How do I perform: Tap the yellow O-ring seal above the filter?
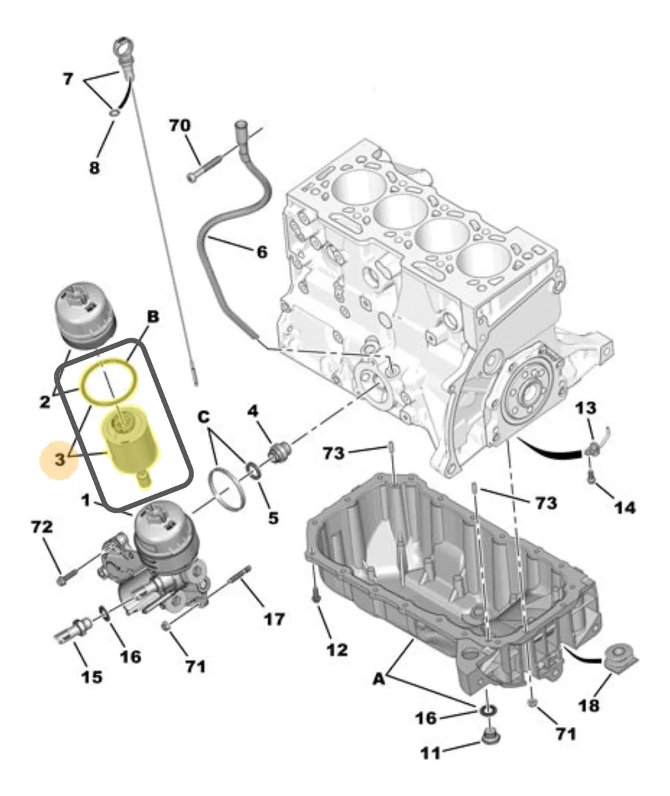109,381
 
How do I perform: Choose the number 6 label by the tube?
262,252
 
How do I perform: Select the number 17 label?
274,619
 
